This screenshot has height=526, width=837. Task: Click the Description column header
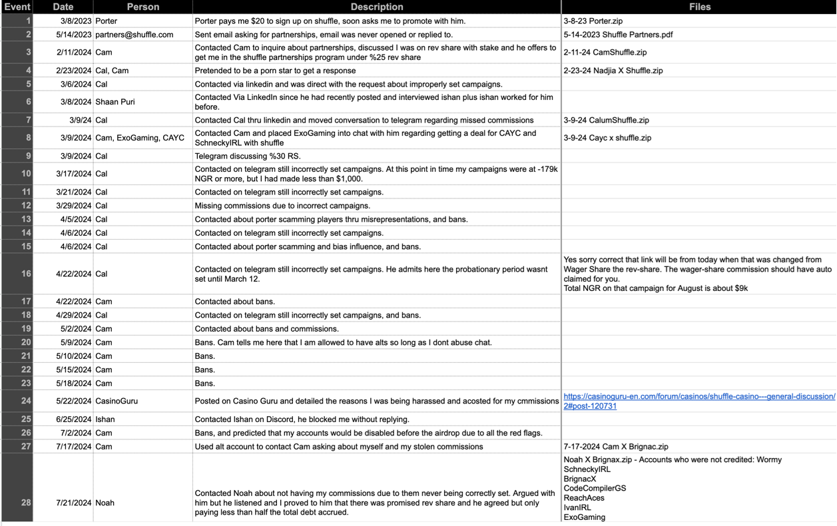pos(376,7)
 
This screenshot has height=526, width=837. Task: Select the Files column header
pos(699,7)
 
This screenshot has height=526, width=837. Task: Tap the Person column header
pos(143,7)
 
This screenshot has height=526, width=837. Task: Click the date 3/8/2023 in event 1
pos(74,21)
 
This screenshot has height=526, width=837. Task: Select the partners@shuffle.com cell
pos(134,35)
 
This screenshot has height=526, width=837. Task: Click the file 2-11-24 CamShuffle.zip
pos(605,53)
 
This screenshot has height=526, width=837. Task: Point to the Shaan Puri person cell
pos(116,102)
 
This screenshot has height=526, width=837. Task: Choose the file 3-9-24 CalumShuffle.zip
pos(606,121)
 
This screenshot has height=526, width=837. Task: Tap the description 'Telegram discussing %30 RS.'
pos(248,156)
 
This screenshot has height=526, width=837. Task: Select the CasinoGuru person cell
pos(117,401)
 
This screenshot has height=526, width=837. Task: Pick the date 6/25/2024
pos(74,419)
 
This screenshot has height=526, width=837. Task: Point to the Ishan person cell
pos(105,419)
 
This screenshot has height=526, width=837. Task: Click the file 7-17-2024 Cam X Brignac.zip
pos(615,447)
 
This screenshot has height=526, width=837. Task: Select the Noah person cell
pos(105,503)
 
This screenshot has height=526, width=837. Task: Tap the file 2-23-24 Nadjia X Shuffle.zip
pos(613,71)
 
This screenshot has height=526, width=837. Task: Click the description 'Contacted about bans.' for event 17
pos(234,302)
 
